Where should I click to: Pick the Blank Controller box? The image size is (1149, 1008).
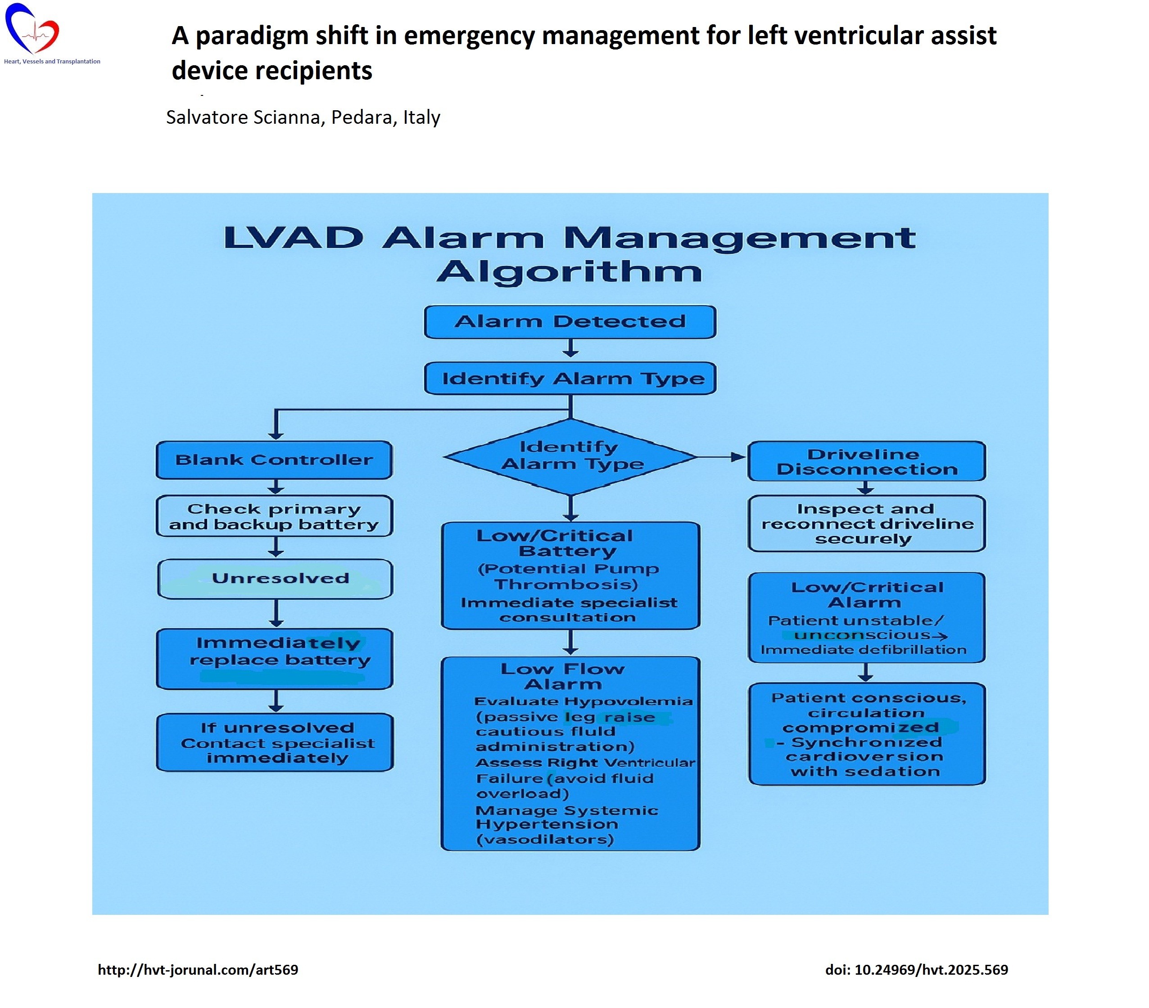[x=274, y=459]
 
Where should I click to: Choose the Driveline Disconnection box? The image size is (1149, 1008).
[x=866, y=461]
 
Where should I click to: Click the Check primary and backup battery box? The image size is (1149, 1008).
[x=274, y=516]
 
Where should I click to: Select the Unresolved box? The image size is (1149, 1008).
[x=275, y=578]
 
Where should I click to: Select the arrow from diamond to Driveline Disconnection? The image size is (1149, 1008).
[x=722, y=457]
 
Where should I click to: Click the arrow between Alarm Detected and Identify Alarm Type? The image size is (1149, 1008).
[x=570, y=348]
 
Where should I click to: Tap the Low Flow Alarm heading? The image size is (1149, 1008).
[x=563, y=676]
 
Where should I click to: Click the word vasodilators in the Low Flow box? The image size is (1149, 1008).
[x=545, y=839]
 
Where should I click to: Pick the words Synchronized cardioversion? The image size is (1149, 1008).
[x=866, y=749]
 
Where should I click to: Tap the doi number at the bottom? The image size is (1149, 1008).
[x=916, y=969]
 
